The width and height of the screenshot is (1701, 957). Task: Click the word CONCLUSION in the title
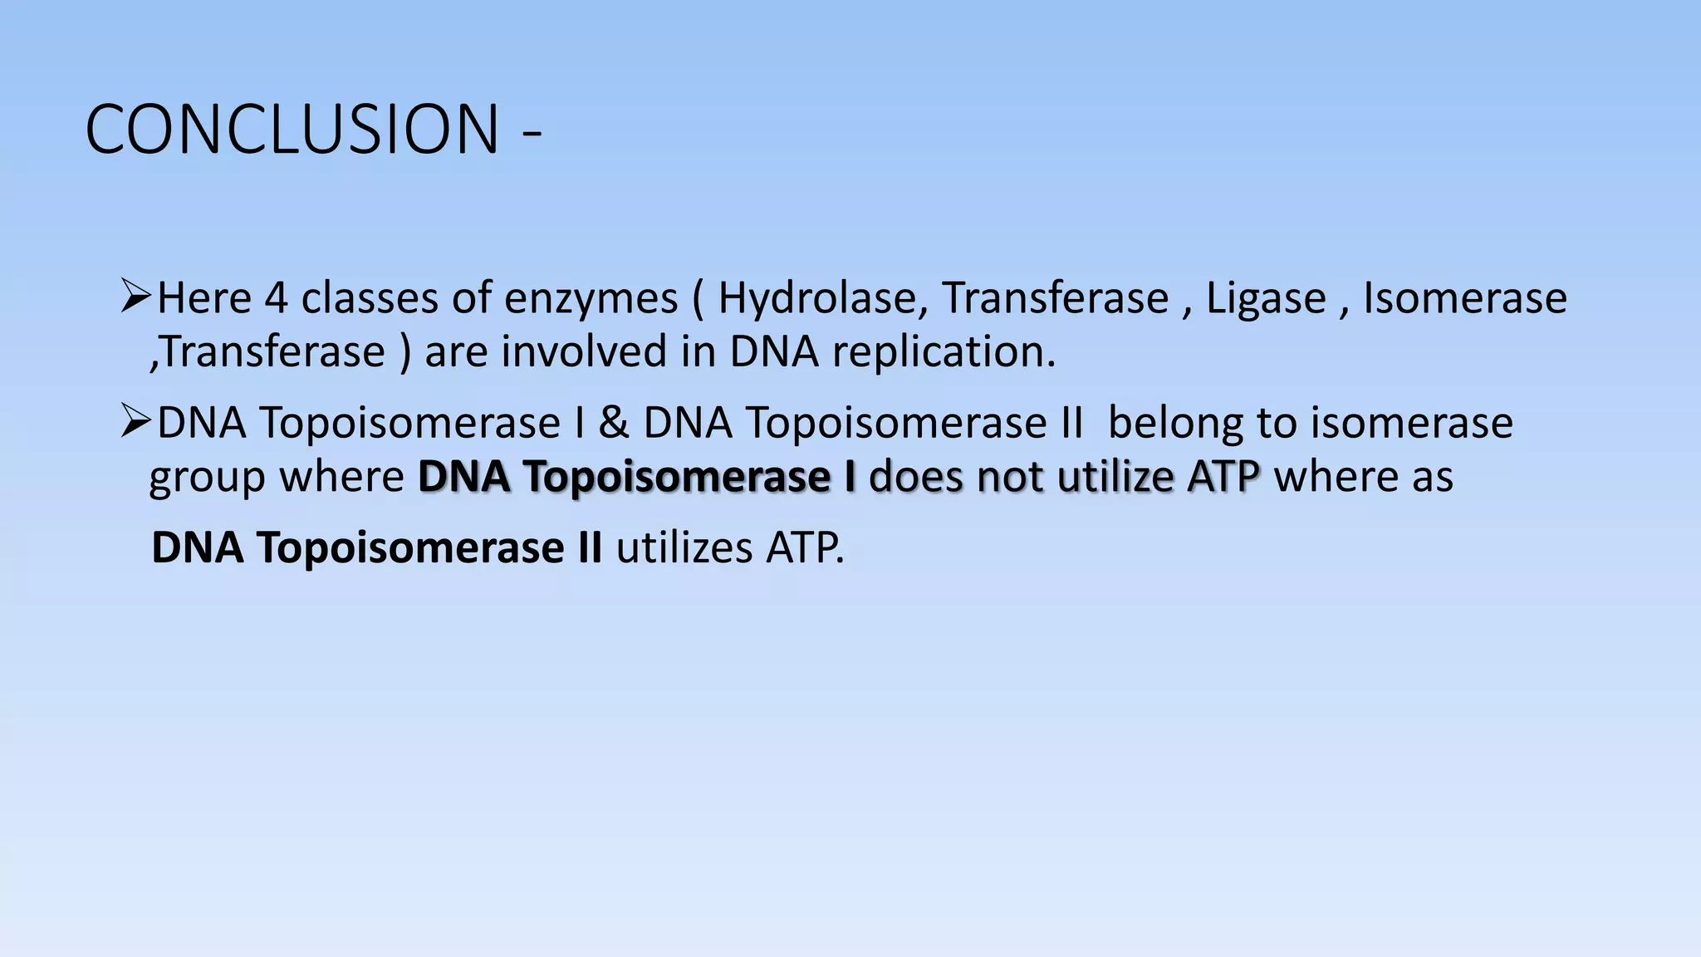point(292,130)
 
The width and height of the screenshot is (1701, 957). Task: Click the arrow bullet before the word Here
point(135,296)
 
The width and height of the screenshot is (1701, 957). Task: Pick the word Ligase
point(1266,297)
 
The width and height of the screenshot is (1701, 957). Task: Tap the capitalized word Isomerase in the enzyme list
point(1465,297)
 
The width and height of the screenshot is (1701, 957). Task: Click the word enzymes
point(591,299)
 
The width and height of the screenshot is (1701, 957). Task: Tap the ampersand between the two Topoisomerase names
point(614,422)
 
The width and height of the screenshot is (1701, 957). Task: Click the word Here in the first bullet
point(204,297)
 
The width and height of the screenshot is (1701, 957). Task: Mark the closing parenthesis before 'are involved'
point(404,352)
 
